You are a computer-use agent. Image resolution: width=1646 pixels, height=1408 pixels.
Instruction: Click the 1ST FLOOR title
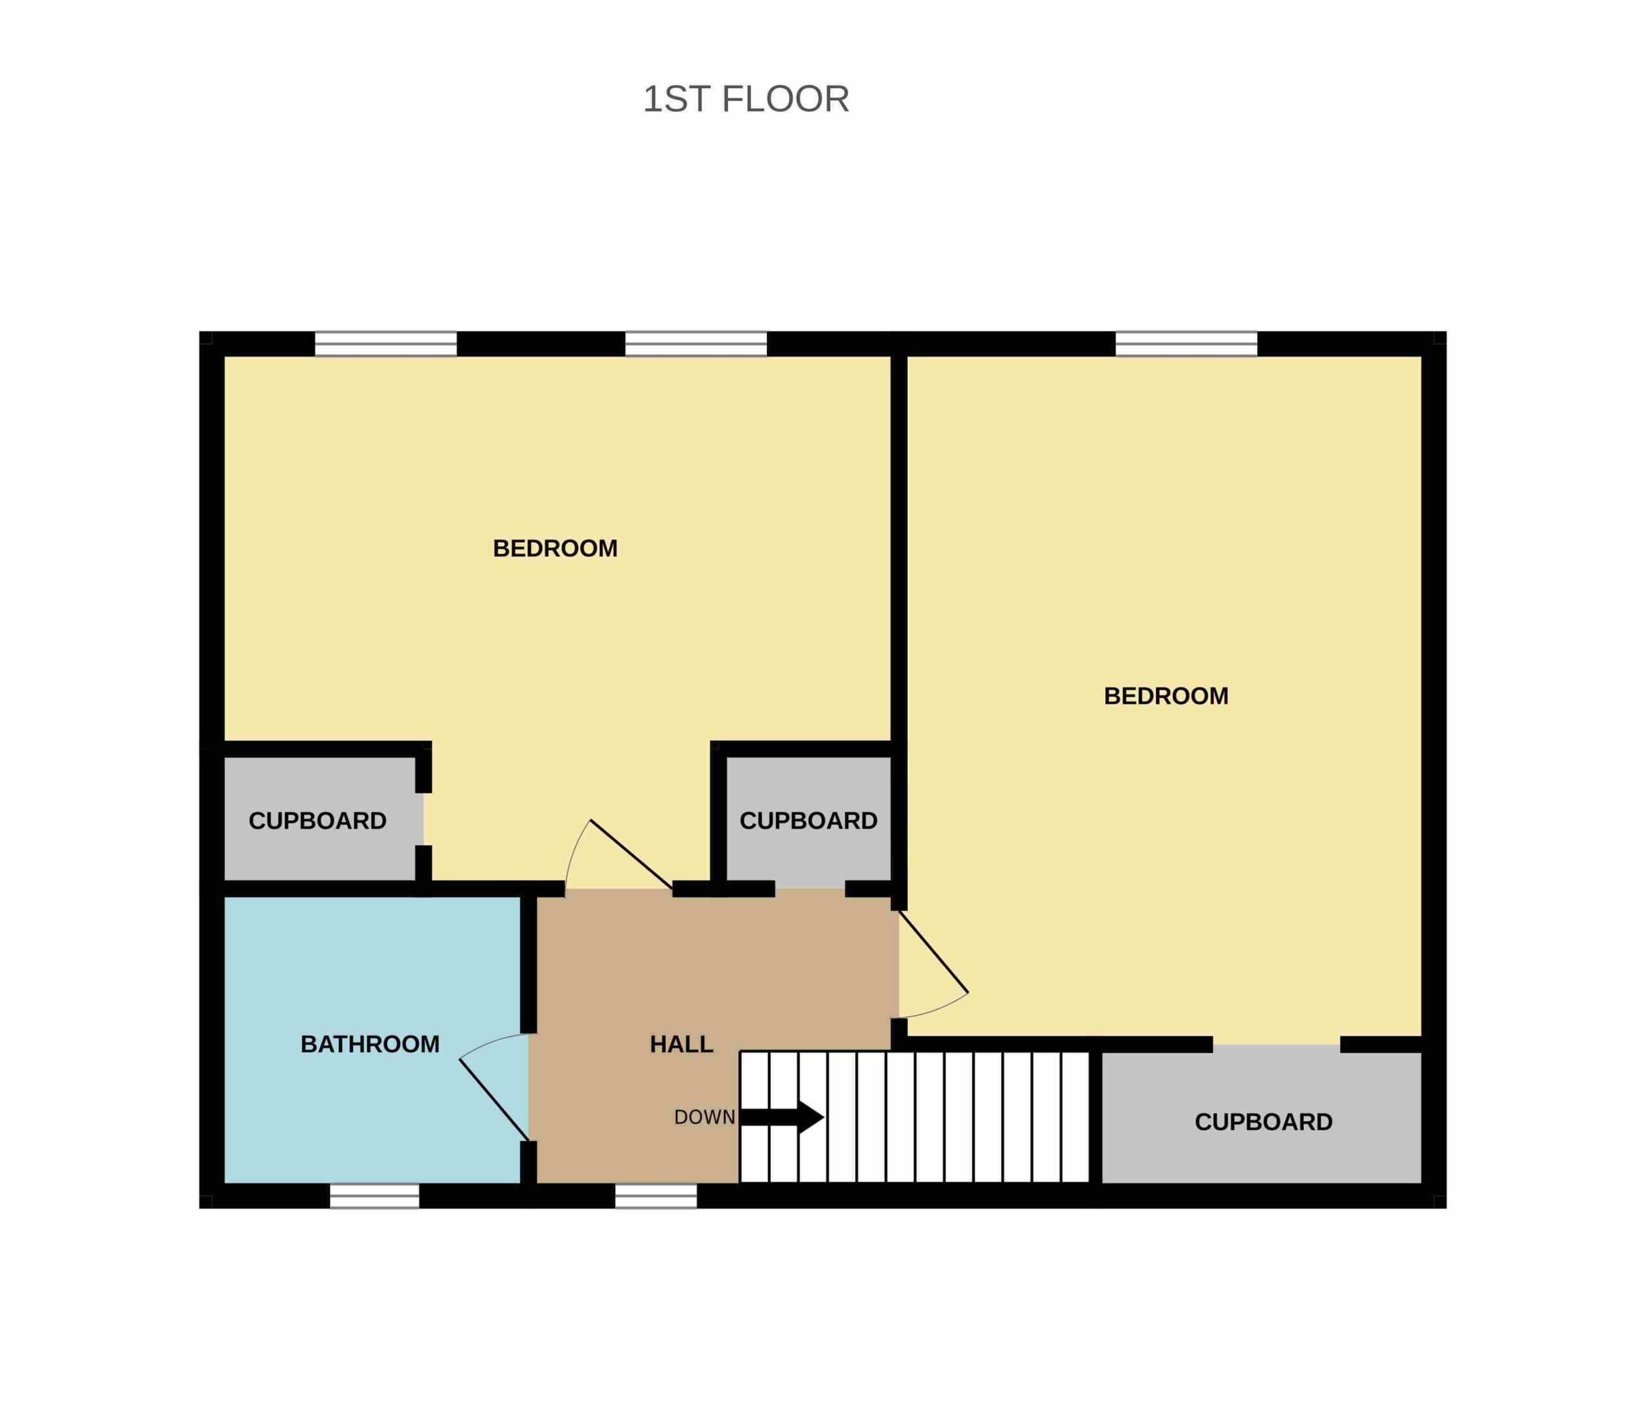coord(746,99)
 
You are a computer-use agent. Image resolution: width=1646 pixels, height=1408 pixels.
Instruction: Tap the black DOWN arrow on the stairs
coord(781,1117)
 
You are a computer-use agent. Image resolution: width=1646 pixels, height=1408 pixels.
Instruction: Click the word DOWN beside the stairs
coord(704,1117)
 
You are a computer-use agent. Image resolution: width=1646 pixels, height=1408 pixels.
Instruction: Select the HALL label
coord(682,1044)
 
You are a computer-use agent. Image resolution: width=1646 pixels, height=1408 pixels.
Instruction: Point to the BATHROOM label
coord(370,1044)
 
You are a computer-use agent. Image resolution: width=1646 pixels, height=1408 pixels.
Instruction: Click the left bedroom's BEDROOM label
coord(556,548)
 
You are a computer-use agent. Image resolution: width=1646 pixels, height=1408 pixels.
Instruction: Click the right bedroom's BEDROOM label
coord(1166,696)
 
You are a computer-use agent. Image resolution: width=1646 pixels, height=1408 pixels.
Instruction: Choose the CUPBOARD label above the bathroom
coord(318,821)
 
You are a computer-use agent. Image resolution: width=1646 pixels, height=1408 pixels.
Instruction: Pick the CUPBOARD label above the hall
coord(809,821)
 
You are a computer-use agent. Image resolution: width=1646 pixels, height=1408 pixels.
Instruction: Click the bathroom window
coord(374,1196)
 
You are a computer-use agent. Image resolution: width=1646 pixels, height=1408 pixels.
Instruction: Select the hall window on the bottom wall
coord(656,1196)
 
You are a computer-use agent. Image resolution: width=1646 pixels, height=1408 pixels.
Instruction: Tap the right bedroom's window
coord(1187,344)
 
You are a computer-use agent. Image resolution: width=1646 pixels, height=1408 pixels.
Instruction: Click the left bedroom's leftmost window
coord(386,344)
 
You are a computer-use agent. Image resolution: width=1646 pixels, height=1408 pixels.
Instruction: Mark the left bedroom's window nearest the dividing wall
coord(696,344)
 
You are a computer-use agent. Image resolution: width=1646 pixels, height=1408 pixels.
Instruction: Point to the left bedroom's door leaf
coord(631,854)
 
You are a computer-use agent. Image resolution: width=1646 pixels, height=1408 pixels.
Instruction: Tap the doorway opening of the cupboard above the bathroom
coord(424,819)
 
